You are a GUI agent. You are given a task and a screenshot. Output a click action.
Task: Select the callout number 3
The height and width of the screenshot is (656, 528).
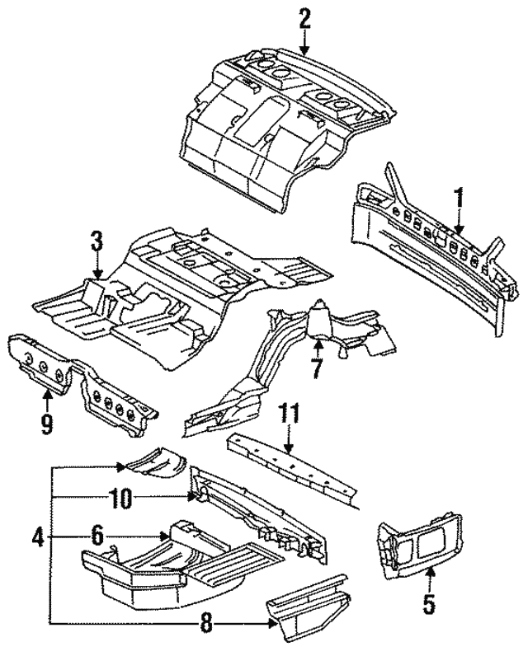(x=97, y=241)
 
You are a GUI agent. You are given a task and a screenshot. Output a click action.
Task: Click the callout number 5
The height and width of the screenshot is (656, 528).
(x=429, y=604)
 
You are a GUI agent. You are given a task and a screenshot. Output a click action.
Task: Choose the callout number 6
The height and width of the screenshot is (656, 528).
(x=97, y=536)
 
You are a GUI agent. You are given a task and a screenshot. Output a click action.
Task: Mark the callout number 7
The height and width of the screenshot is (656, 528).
(x=317, y=368)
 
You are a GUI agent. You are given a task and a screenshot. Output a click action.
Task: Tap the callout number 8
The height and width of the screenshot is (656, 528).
(x=206, y=625)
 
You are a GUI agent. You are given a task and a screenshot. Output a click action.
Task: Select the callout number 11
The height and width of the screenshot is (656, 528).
(x=290, y=414)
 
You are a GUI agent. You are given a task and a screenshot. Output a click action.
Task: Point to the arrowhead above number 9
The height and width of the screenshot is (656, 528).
(x=47, y=393)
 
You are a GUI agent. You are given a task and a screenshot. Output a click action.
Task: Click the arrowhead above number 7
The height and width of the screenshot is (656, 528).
(x=318, y=344)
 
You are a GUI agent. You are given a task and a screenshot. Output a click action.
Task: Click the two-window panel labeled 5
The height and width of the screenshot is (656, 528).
(x=420, y=544)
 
